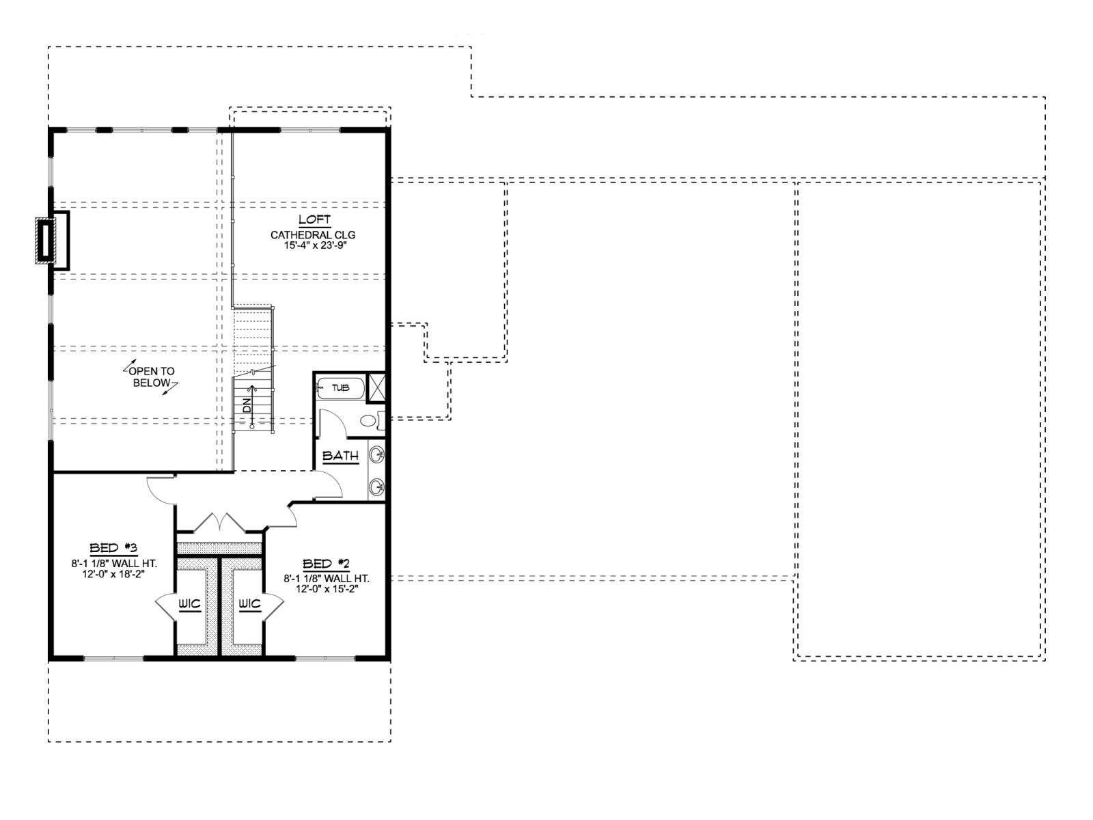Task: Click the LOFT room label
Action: pos(314,219)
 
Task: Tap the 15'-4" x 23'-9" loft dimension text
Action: pos(313,245)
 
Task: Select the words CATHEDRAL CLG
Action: pos(313,234)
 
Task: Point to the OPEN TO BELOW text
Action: pos(152,377)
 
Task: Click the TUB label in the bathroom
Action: pos(341,388)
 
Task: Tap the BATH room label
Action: pos(341,456)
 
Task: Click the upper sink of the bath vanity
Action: pos(377,454)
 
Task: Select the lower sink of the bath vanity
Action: pos(377,485)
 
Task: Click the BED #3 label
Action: pos(113,549)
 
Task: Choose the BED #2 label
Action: pos(326,564)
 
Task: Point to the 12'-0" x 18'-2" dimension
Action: pos(113,573)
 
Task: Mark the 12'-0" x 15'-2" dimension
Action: pos(326,589)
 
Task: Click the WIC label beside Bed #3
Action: pos(189,605)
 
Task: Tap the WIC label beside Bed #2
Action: pos(249,605)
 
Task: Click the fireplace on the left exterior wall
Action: pos(52,241)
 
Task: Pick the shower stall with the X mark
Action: pos(376,387)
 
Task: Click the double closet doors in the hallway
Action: pos(219,522)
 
